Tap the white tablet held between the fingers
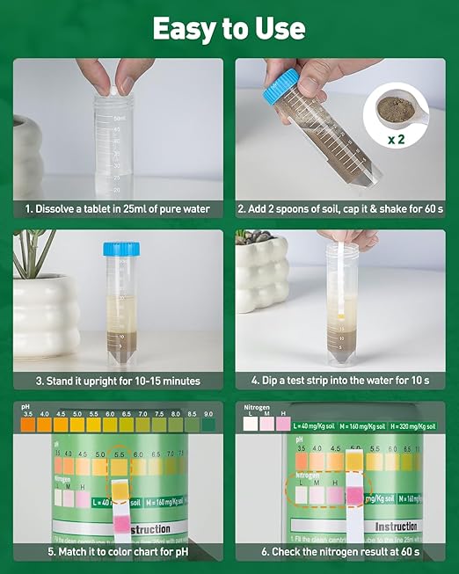pos(113,88)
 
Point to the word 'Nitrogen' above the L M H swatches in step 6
pos(258,408)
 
